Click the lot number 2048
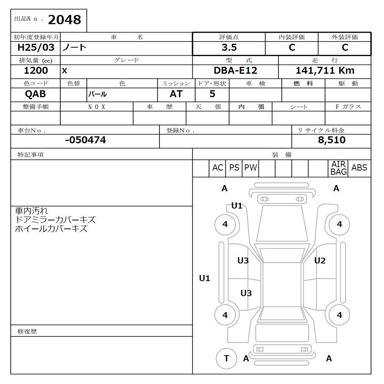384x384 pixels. (64, 20)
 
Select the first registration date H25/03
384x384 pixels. (36, 48)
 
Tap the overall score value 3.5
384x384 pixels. (229, 48)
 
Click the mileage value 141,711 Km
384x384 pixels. (325, 71)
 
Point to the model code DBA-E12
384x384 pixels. (235, 71)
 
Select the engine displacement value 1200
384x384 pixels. (36, 71)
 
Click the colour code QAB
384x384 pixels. (35, 94)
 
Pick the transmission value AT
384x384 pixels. (176, 94)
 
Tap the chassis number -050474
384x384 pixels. (85, 140)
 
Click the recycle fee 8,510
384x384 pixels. (331, 140)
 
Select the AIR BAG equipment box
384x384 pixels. (338, 168)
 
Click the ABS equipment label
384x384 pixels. (359, 168)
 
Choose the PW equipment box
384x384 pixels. (250, 168)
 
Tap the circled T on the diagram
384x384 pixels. (226, 358)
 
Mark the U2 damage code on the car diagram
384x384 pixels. (319, 261)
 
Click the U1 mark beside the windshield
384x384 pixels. (237, 206)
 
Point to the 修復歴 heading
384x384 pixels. (27, 331)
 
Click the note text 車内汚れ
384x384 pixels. (31, 211)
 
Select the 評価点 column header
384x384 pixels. (229, 37)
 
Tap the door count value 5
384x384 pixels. (212, 94)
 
